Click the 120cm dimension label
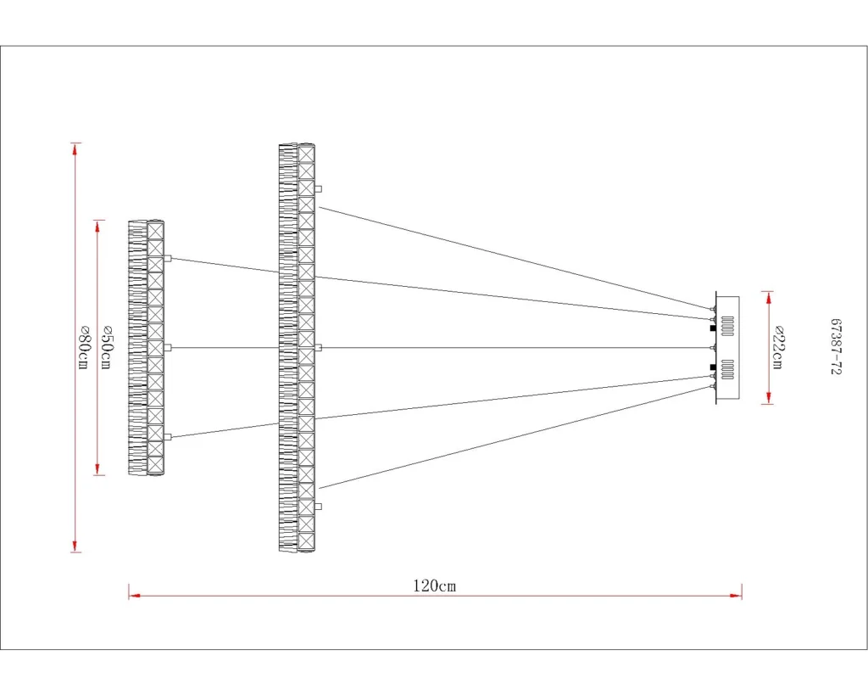tap(435, 586)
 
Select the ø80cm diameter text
tap(83, 348)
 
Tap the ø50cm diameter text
tap(108, 348)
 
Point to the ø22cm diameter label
tap(777, 348)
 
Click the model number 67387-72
tap(836, 347)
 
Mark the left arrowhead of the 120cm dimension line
tap(135, 595)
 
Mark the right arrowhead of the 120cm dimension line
tap(736, 595)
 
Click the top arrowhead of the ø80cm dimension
tap(75, 149)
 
